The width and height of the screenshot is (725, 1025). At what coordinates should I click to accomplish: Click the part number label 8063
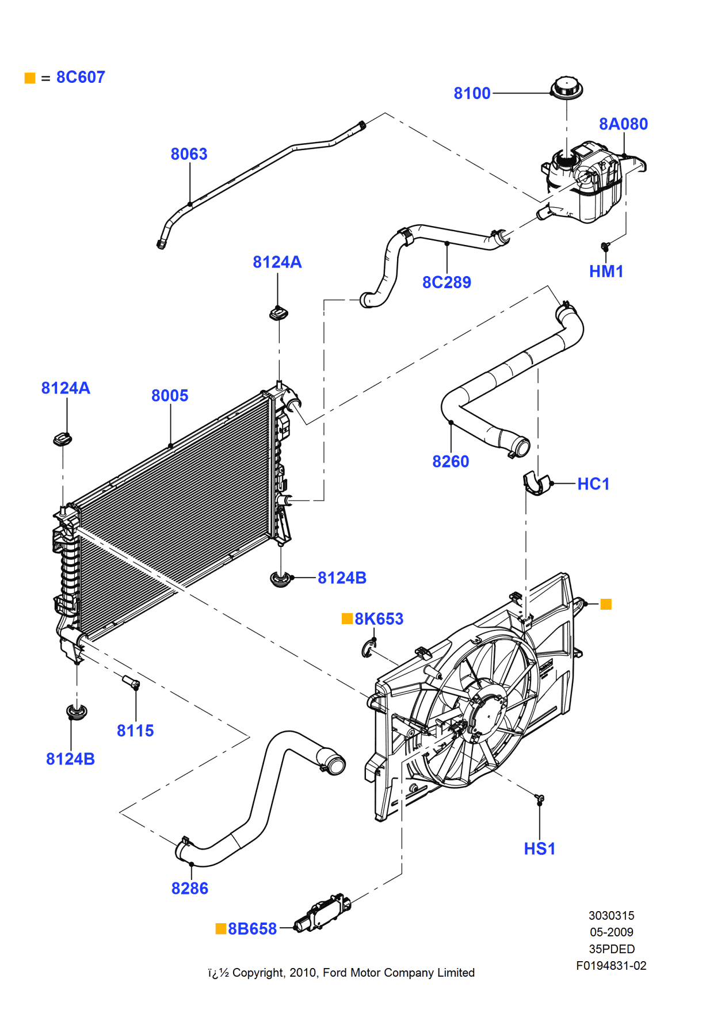coord(189,154)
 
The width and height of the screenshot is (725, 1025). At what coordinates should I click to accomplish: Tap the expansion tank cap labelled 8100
coord(567,88)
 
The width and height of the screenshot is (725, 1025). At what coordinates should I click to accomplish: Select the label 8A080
coord(623,124)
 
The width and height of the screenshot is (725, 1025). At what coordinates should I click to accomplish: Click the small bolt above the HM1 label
coord(605,246)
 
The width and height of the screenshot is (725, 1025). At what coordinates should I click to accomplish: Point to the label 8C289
coord(447,282)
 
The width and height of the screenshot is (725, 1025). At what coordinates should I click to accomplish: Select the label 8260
coord(451,462)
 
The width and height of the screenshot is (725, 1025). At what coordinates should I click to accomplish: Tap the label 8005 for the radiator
coord(170,396)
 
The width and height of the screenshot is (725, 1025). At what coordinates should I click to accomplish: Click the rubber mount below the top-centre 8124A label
coord(278,313)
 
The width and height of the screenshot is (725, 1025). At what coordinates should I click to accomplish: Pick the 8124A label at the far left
coord(66,388)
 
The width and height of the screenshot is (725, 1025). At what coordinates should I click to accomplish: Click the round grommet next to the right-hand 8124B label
coord(280,579)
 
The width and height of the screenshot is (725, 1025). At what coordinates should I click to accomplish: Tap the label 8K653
coord(379,619)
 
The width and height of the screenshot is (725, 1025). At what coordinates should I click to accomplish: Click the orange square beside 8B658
coord(220,929)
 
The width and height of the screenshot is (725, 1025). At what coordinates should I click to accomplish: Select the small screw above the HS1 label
coord(540,799)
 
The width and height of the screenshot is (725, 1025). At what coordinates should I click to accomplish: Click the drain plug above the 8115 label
coord(131,683)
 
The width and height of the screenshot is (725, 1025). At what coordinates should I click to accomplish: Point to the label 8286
coord(190,889)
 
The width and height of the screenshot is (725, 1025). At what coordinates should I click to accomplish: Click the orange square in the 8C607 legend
coord(30,78)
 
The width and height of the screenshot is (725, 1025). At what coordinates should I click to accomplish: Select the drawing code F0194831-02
coord(611,966)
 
